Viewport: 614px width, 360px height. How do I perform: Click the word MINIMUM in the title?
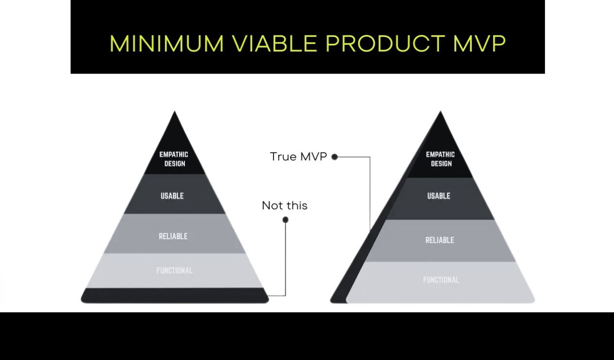166,44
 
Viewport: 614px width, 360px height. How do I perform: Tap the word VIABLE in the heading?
274,44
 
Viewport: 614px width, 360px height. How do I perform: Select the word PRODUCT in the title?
385,44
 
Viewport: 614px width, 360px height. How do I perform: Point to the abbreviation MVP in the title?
479,44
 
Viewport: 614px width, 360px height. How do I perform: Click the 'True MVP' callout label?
298,157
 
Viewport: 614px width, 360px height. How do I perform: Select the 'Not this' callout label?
285,206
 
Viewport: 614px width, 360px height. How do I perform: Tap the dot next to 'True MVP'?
335,157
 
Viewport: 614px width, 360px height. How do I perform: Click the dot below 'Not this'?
286,220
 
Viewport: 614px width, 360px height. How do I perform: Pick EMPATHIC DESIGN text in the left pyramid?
174,159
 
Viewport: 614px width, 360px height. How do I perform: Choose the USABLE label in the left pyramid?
172,196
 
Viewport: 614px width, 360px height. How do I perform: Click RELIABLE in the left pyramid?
173,236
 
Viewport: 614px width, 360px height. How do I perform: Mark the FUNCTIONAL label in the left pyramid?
174,270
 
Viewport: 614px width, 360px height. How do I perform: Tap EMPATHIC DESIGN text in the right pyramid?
440,159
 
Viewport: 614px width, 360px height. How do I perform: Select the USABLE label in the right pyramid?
439,196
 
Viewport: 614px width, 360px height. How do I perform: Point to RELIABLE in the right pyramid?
439,240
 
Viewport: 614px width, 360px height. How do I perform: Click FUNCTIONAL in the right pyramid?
441,280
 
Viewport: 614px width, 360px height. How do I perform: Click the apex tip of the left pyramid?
175,113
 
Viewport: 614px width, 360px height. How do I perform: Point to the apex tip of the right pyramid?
440,113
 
